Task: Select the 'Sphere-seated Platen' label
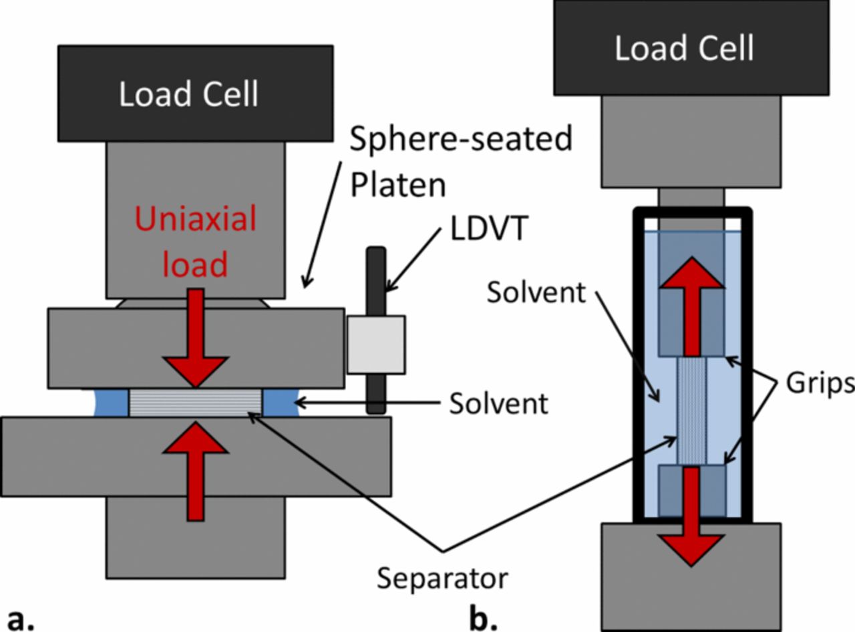pos(461,161)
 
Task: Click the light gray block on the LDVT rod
pos(376,344)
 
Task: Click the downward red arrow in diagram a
pos(195,341)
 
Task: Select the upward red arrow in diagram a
pos(195,468)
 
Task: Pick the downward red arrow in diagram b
pos(692,515)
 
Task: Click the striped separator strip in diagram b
pos(692,411)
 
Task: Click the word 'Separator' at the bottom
pos(442,578)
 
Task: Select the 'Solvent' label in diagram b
pos(536,292)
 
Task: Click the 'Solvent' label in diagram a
pos(498,403)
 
